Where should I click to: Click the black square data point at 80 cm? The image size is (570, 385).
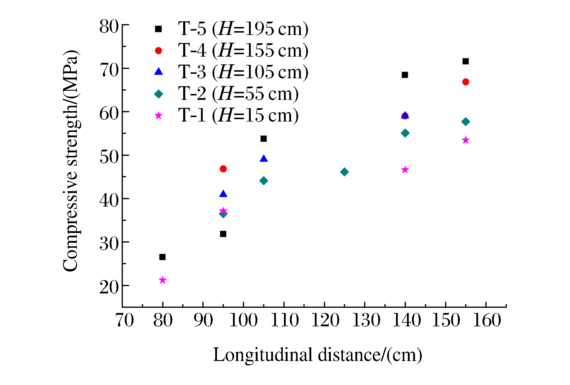pos(162,257)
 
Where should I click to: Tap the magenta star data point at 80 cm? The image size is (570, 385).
pos(162,280)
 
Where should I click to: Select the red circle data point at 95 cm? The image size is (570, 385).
pos(223,169)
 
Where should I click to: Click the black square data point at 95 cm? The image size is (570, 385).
pos(223,234)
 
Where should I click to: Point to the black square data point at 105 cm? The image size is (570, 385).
pos(264,139)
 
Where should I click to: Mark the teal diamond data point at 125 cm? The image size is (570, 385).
pos(344,172)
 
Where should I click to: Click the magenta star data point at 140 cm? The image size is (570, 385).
pos(405,170)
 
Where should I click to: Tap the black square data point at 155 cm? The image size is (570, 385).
pos(466,61)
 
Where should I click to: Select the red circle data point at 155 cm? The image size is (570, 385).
pos(466,82)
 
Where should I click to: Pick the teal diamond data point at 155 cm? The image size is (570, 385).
pos(466,122)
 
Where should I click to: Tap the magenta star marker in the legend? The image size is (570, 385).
pos(159,116)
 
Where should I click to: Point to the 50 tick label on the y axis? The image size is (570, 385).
pos(109,157)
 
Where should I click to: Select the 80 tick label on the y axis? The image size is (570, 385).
pos(109,26)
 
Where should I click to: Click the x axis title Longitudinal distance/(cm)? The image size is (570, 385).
pos(317,355)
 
